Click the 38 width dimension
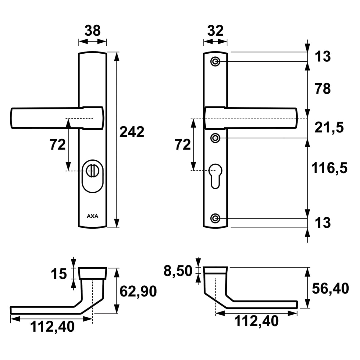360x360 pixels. (x=93, y=30)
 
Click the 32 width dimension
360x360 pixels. (x=215, y=30)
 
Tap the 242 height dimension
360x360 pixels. (x=132, y=132)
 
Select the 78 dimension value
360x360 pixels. (x=323, y=89)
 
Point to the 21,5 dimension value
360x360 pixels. (x=329, y=128)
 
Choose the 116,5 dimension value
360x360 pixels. (x=329, y=168)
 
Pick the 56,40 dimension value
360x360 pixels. (x=330, y=289)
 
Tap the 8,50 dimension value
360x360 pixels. (x=178, y=271)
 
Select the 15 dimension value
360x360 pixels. (x=59, y=274)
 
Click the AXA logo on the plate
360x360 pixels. (x=93, y=216)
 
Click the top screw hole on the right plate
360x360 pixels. (x=215, y=62)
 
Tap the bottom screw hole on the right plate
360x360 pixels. (x=215, y=218)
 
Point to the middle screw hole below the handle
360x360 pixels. (x=215, y=138)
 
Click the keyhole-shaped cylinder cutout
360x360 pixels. (x=215, y=176)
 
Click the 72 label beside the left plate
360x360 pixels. (x=58, y=145)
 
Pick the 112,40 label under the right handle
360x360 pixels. (x=256, y=321)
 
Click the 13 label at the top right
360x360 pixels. (x=323, y=56)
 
